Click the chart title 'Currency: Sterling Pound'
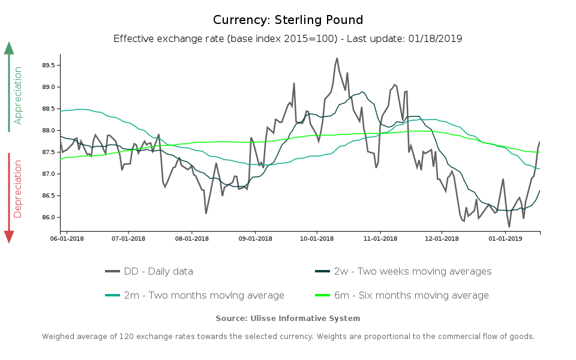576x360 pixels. point(288,20)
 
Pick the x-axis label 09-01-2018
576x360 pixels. point(255,238)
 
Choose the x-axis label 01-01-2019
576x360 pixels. point(505,238)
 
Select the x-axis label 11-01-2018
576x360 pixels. point(380,238)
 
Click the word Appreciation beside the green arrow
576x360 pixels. point(18,95)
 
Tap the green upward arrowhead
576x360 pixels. point(9,48)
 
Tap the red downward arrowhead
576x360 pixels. point(9,237)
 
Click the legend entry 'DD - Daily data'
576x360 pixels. point(158,271)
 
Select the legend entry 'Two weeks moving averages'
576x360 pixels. point(412,271)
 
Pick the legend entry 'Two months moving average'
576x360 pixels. point(204,295)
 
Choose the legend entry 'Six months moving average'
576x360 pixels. point(411,295)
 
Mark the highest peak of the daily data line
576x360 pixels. point(337,58)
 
